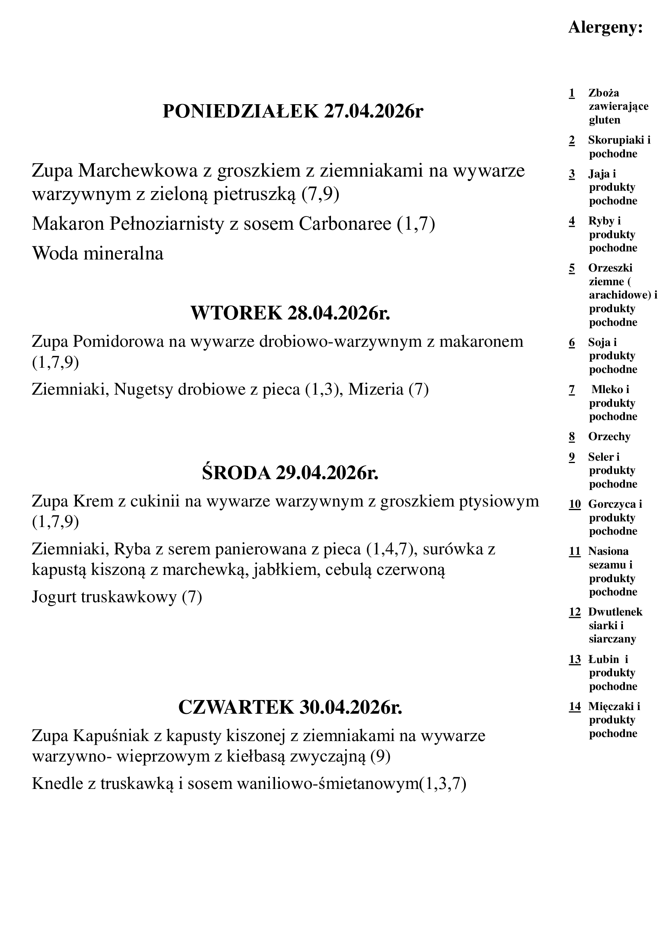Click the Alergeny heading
tap(605, 28)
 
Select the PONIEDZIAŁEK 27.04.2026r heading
tap(293, 111)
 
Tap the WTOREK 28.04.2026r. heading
tap(290, 313)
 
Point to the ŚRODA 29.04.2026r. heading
tap(290, 473)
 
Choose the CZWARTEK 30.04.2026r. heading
tap(290, 707)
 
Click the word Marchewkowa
tap(138, 171)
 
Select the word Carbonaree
tap(345, 224)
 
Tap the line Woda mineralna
tap(97, 253)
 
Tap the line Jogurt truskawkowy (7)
tap(117, 597)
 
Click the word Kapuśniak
tap(111, 736)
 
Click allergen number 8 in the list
tap(572, 437)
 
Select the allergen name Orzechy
tap(609, 437)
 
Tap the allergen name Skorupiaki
tap(616, 140)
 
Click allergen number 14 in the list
tap(575, 706)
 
